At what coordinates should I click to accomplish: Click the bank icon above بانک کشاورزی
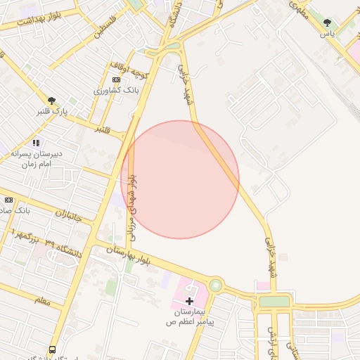click(116, 79)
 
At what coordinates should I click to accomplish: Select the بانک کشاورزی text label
click(117, 91)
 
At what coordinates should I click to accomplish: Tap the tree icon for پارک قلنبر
click(51, 101)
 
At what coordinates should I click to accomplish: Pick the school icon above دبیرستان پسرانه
click(36, 143)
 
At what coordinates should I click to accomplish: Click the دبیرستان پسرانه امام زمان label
click(32, 157)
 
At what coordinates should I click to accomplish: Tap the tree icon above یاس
click(327, 23)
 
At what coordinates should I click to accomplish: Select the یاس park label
click(327, 33)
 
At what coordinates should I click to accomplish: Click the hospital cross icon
click(189, 300)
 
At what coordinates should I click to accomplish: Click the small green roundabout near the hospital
click(214, 285)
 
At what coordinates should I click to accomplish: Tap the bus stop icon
click(52, 349)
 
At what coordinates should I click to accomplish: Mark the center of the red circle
click(180, 179)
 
